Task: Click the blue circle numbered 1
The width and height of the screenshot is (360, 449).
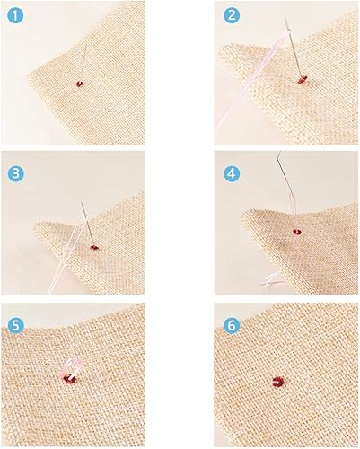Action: [15, 16]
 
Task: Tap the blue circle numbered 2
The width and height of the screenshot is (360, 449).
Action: [232, 15]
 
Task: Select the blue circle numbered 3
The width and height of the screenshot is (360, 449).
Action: [15, 174]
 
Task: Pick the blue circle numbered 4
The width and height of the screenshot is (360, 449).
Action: [232, 173]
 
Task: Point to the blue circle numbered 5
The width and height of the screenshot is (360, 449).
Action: [15, 326]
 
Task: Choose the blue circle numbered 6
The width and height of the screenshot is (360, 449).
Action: [232, 326]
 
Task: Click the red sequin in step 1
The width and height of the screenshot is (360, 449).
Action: [80, 84]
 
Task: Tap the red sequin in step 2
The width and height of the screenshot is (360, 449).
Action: [302, 79]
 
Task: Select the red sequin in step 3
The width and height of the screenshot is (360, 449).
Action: [94, 247]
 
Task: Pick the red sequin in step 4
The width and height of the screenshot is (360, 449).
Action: [297, 232]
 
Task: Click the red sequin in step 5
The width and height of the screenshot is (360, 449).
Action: [69, 379]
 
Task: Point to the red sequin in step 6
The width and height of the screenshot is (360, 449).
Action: [279, 382]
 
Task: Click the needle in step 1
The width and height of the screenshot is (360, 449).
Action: [83, 62]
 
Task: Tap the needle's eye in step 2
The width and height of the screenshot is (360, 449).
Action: [287, 24]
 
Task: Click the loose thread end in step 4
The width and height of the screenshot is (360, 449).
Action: [271, 279]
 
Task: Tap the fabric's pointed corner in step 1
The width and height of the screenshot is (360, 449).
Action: [28, 74]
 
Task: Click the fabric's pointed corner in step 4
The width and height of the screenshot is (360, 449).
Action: [243, 213]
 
